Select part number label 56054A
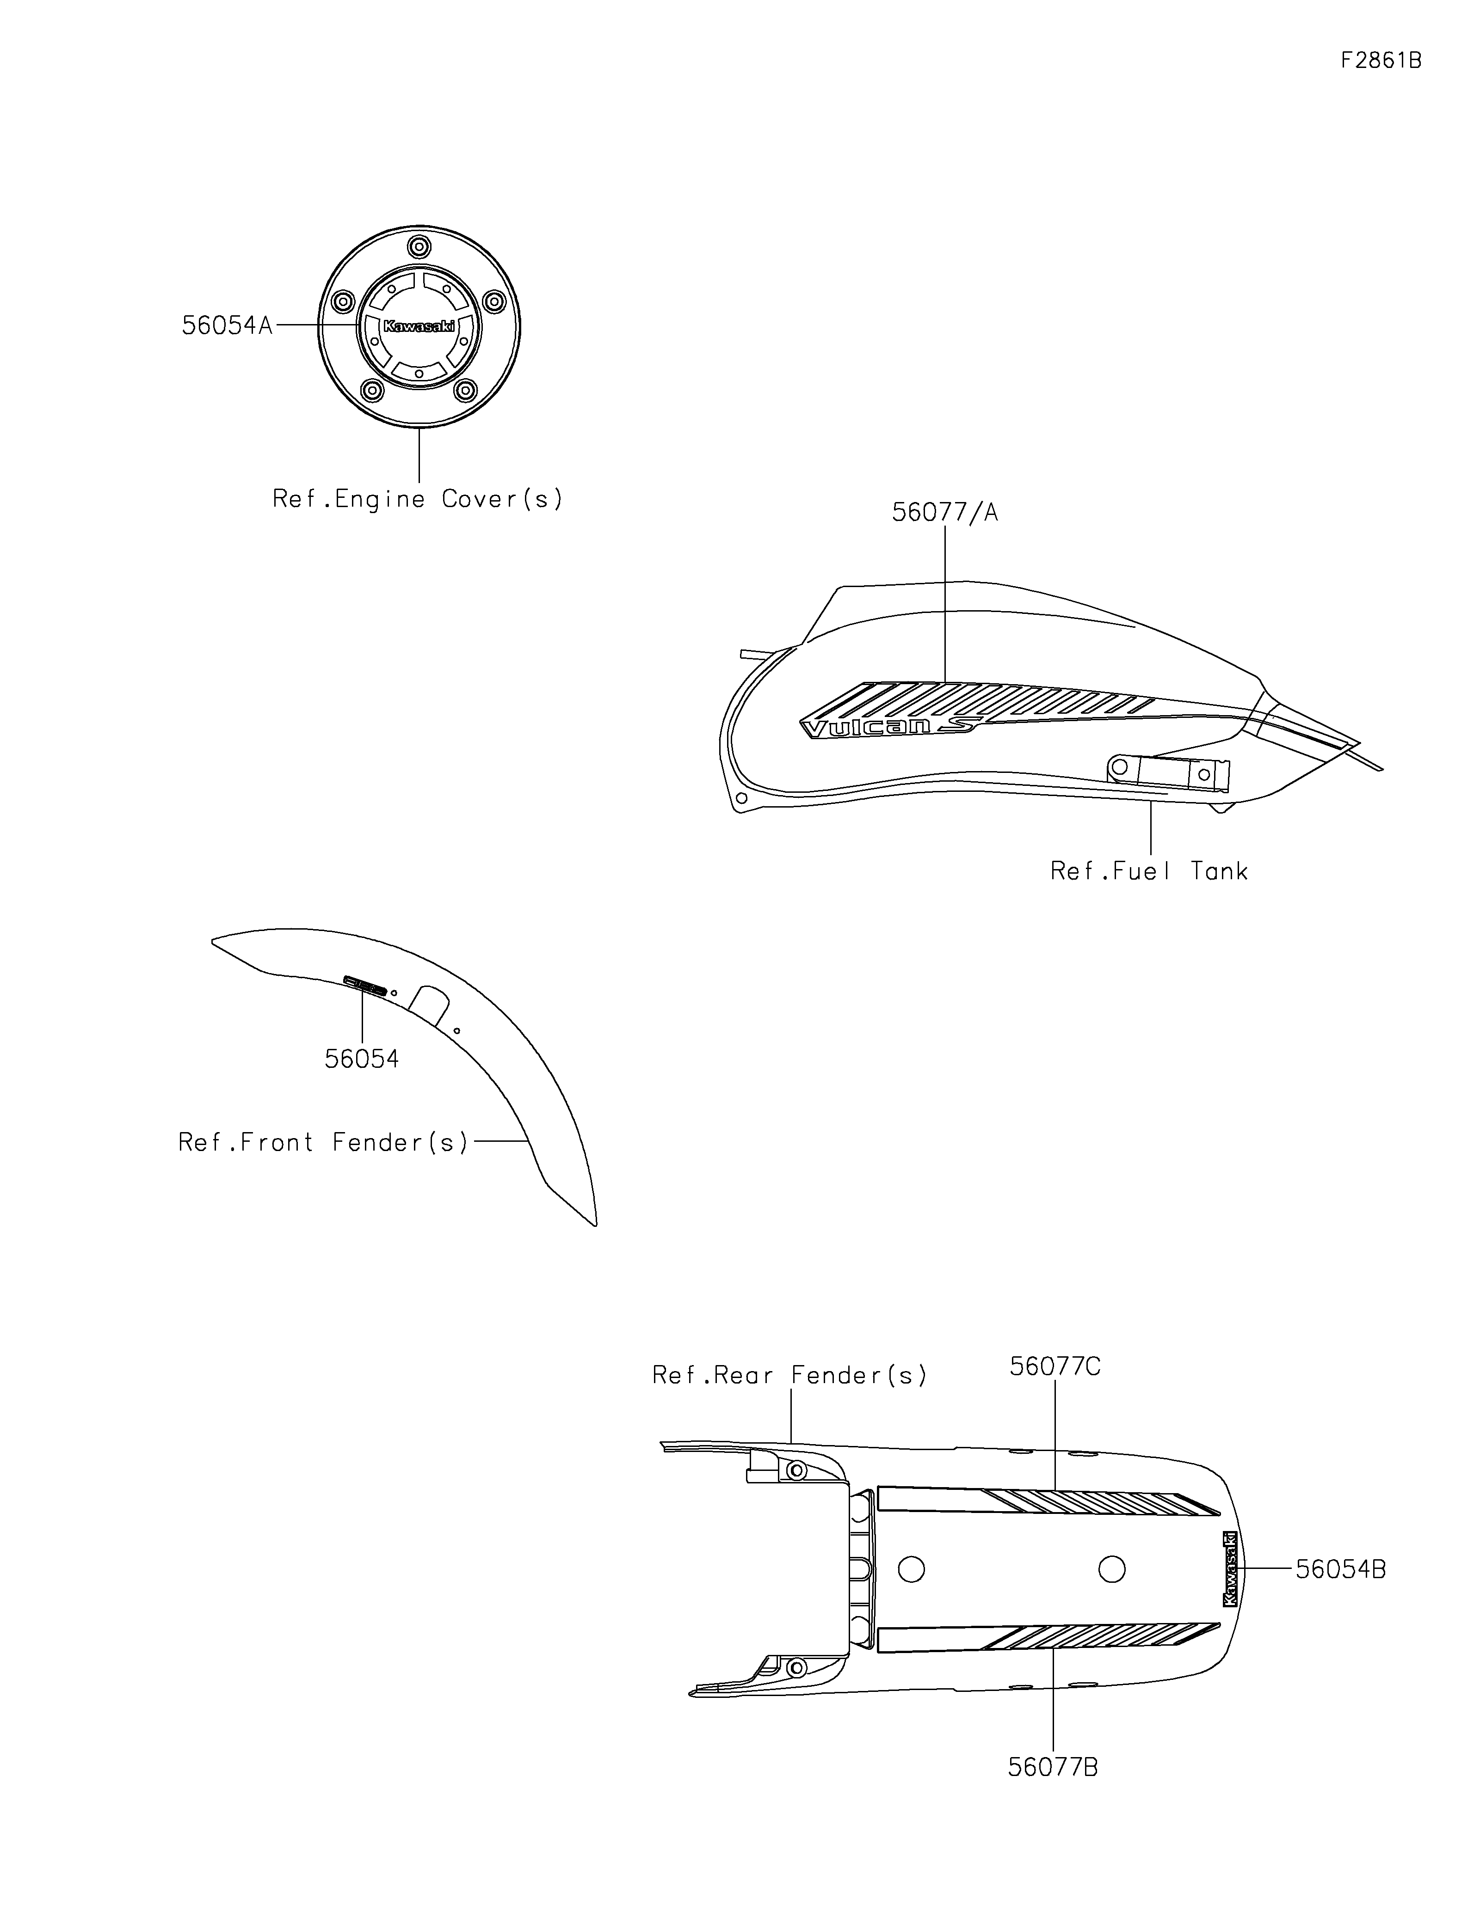coord(227,325)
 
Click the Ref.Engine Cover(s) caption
coord(418,500)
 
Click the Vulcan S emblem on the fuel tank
coord(888,726)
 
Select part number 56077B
coord(1053,1768)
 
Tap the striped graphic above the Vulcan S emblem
coord(989,700)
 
